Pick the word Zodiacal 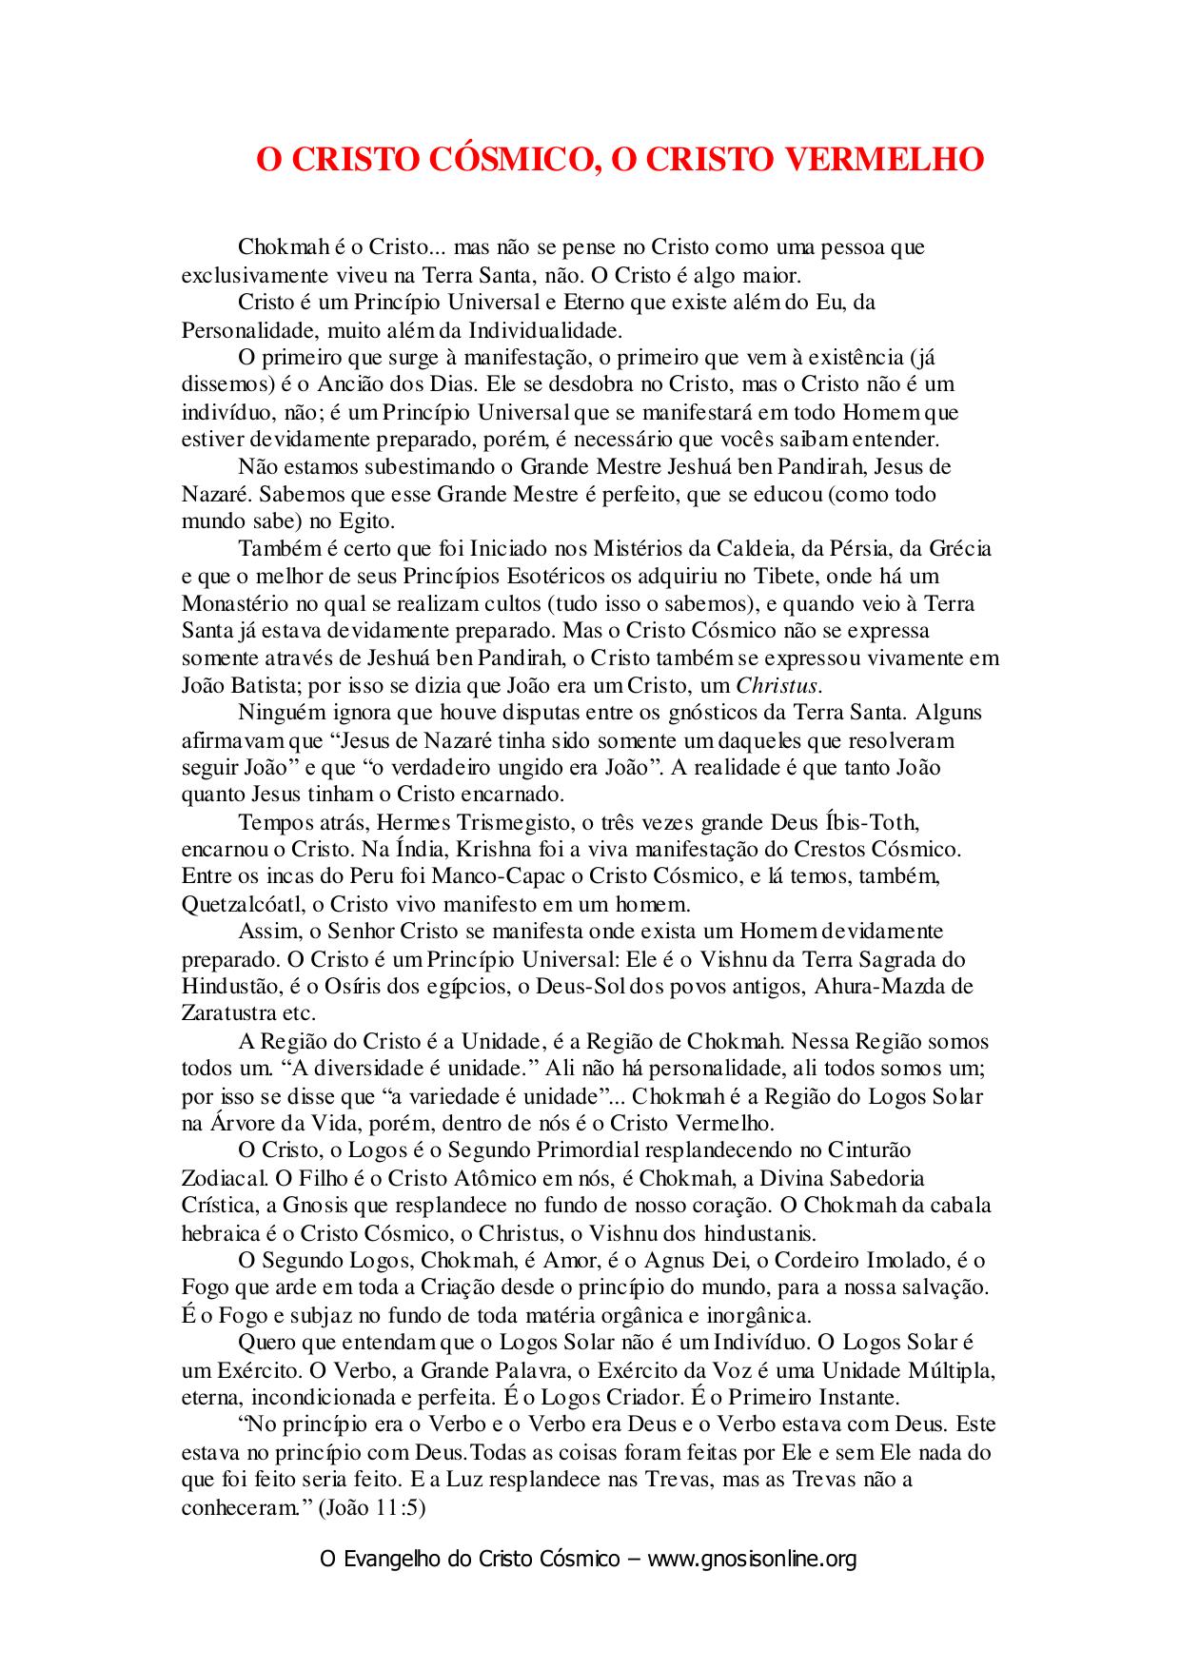pyautogui.click(x=225, y=1178)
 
